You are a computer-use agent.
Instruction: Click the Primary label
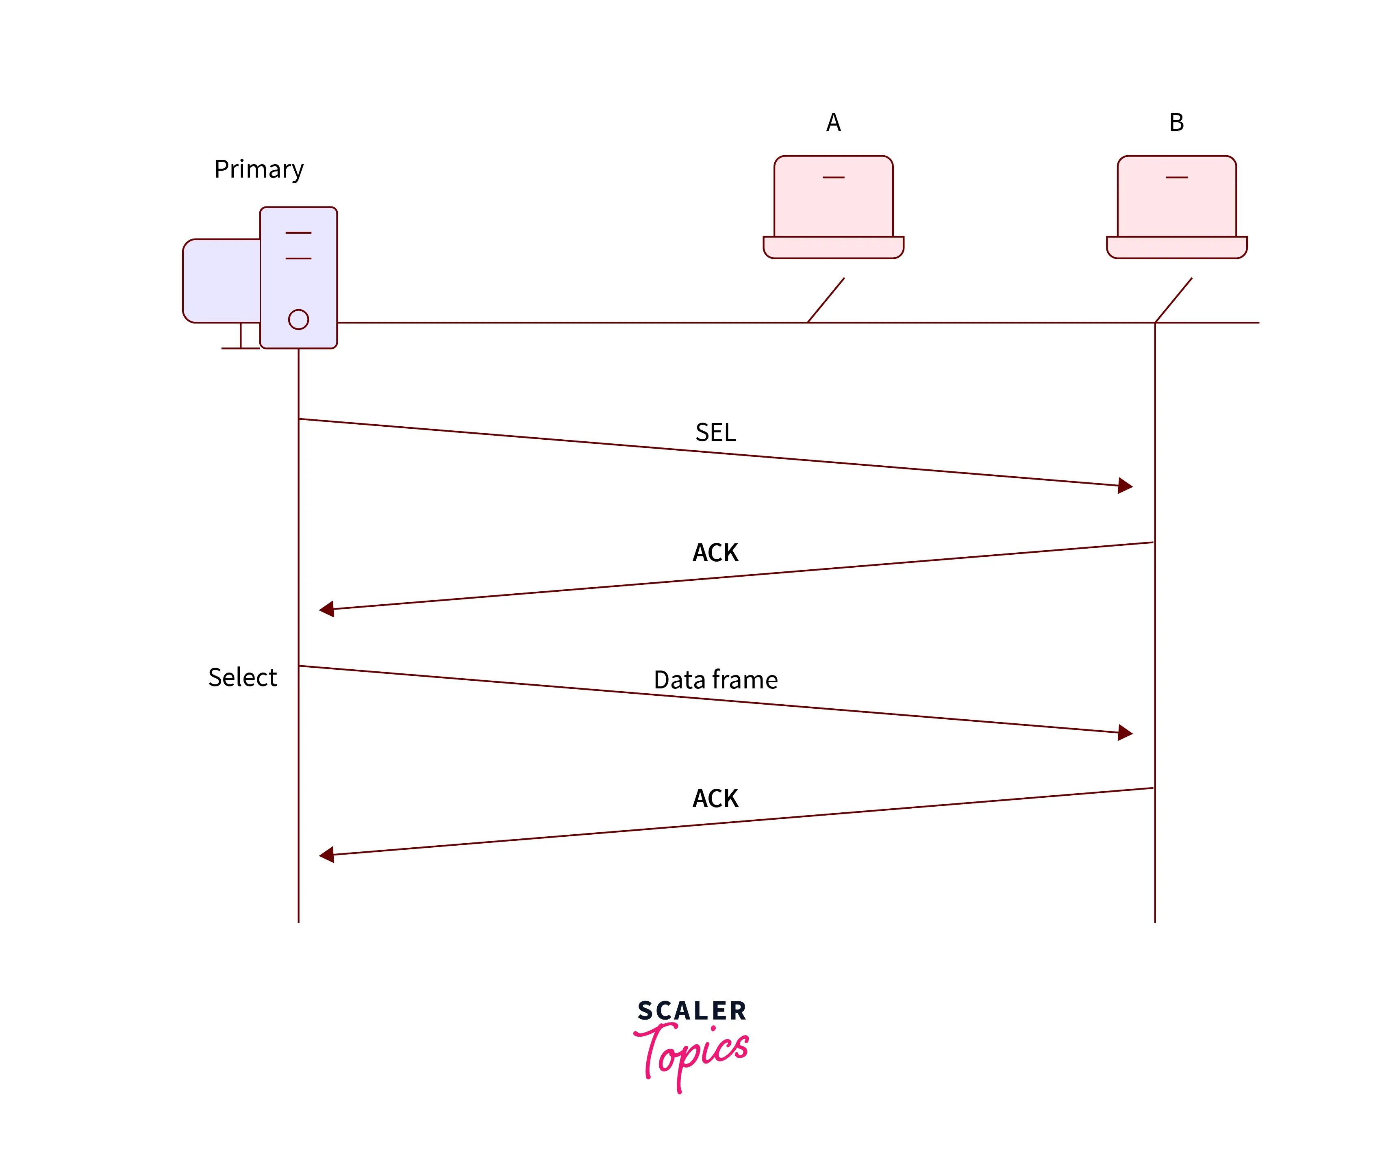[x=259, y=169]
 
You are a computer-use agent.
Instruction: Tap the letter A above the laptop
[x=833, y=122]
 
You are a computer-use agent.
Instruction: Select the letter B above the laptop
[x=1176, y=122]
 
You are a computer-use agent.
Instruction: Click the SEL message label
[x=715, y=432]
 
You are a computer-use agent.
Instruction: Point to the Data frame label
[x=715, y=680]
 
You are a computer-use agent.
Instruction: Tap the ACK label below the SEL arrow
[x=715, y=553]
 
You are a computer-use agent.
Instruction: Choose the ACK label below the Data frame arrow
[x=715, y=799]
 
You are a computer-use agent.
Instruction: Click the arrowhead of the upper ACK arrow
[x=327, y=609]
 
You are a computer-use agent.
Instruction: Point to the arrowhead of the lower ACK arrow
[x=327, y=855]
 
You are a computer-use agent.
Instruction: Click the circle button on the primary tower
[x=298, y=319]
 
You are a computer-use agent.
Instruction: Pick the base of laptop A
[x=833, y=247]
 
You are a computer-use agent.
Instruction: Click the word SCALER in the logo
[x=692, y=1011]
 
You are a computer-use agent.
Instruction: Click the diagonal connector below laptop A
[x=826, y=300]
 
